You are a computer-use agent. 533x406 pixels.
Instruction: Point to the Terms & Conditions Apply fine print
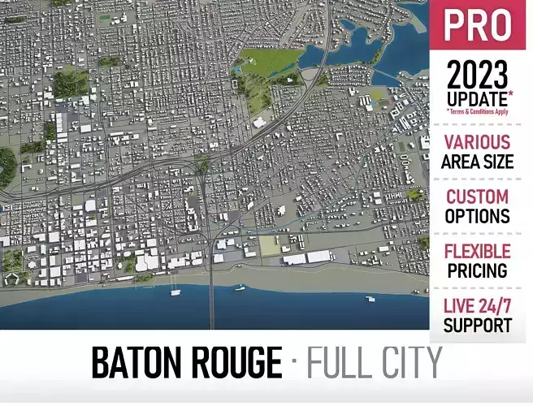[x=479, y=111]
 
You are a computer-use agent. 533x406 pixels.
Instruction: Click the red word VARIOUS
[x=478, y=142]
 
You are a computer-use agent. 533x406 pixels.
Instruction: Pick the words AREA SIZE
[x=478, y=162]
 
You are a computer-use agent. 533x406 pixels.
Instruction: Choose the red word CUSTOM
[x=478, y=197]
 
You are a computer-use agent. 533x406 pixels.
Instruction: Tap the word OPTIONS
[x=478, y=217]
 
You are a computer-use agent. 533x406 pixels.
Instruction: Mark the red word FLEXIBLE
[x=478, y=252]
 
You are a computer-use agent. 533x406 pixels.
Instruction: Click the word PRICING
[x=478, y=271]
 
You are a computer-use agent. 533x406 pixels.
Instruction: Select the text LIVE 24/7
[x=478, y=307]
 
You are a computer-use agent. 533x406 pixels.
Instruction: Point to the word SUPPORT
[x=478, y=326]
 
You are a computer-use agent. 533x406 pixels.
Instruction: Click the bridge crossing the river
[x=212, y=292]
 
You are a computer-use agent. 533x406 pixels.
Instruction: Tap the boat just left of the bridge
[x=175, y=291]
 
